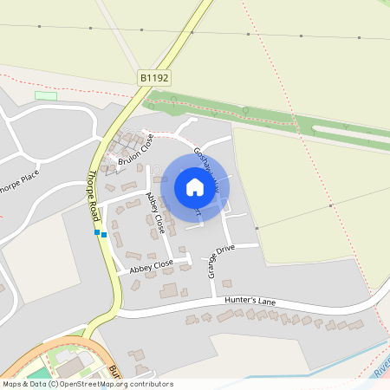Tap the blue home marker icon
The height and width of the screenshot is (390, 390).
[x=194, y=187]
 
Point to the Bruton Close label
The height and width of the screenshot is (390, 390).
[x=136, y=151]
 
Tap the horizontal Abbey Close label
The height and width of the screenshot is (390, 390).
[x=152, y=267]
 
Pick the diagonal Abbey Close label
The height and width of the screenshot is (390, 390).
[x=156, y=213]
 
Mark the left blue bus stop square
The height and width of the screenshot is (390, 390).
[x=97, y=232]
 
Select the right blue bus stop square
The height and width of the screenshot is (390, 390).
[x=104, y=234]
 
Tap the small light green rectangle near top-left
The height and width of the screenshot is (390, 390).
[x=45, y=95]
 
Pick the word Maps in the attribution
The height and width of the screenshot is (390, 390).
[x=12, y=383]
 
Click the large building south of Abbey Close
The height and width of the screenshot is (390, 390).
[x=169, y=290]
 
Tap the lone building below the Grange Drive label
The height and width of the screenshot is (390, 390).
[x=227, y=283]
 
